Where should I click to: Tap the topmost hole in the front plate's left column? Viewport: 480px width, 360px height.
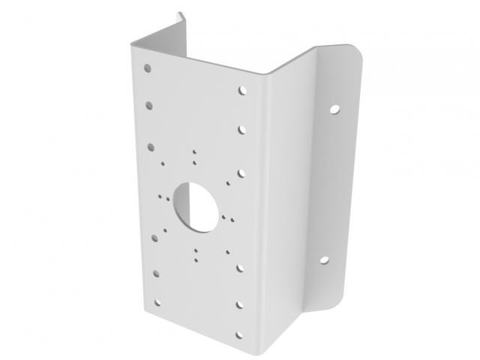point(149,68)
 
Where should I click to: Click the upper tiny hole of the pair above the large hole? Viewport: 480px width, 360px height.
point(193,152)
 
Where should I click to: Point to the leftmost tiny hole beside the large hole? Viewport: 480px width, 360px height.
point(159,196)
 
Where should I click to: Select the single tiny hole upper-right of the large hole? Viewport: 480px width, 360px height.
point(226,181)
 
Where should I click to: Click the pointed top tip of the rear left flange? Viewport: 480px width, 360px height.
point(179,12)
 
